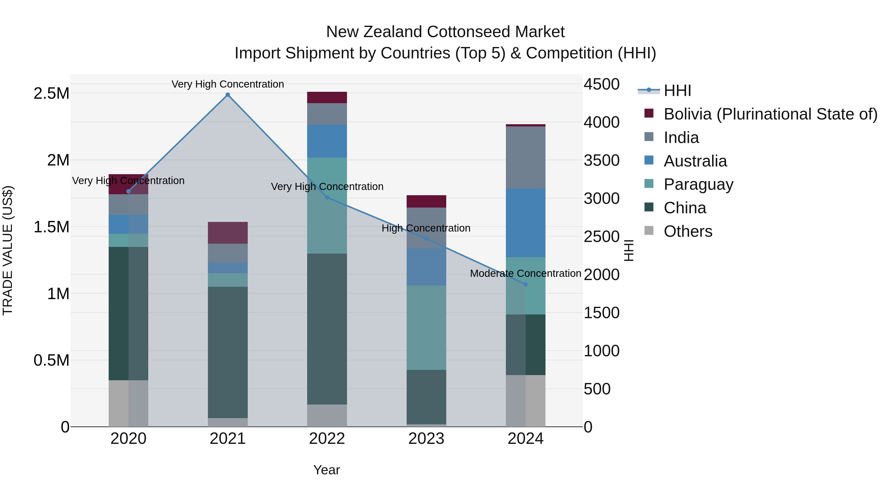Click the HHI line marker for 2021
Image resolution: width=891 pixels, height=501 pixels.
228,95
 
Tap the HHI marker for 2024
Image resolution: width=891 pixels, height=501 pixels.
525,284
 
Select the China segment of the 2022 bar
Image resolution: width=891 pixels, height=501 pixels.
327,329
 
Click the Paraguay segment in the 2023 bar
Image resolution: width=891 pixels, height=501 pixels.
426,327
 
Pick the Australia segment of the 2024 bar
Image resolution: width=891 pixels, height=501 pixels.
525,223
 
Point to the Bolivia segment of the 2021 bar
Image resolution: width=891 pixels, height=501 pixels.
228,233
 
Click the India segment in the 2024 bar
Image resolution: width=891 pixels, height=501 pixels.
525,157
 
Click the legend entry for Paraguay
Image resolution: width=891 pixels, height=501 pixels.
698,184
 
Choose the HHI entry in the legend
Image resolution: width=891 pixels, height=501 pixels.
677,91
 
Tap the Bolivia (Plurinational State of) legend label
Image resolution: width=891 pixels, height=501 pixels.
770,114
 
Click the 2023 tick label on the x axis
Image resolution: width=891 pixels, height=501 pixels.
426,439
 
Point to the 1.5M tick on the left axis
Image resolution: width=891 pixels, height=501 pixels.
51,227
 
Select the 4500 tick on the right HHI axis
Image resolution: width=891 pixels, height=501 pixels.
601,84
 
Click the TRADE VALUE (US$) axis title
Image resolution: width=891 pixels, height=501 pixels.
8,250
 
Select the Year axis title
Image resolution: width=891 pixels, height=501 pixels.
326,470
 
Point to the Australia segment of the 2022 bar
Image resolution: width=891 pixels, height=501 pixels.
327,141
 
